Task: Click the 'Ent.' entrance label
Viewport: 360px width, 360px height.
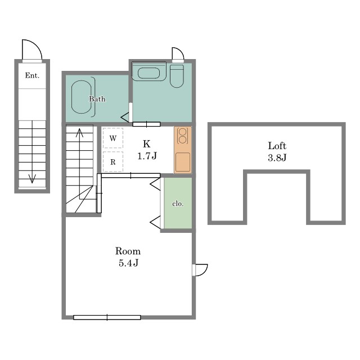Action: pyautogui.click(x=32, y=75)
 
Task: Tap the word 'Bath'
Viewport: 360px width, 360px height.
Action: pyautogui.click(x=97, y=99)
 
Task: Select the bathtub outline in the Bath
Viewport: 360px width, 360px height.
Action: pyautogui.click(x=81, y=97)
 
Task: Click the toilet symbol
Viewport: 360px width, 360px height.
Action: pyautogui.click(x=177, y=76)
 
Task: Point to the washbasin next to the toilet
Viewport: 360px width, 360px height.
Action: pyautogui.click(x=148, y=73)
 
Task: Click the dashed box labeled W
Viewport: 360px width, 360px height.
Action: pyautogui.click(x=113, y=138)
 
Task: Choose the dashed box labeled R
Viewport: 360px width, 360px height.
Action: pyautogui.click(x=113, y=161)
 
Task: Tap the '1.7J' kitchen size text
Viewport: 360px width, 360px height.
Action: pyautogui.click(x=147, y=156)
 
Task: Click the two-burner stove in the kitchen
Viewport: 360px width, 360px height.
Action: pyautogui.click(x=183, y=136)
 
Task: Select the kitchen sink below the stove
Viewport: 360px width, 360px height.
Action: pyautogui.click(x=183, y=162)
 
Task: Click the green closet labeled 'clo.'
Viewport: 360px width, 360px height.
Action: pyautogui.click(x=178, y=203)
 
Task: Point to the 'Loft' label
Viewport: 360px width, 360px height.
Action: pyautogui.click(x=277, y=146)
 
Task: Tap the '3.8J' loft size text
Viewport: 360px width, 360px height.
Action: pyautogui.click(x=277, y=157)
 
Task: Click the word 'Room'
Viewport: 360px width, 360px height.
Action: pyautogui.click(x=128, y=251)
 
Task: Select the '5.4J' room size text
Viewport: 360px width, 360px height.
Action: pyautogui.click(x=129, y=263)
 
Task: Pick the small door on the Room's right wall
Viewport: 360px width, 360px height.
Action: pyautogui.click(x=200, y=270)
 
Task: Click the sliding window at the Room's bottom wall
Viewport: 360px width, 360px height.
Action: pyautogui.click(x=107, y=317)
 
